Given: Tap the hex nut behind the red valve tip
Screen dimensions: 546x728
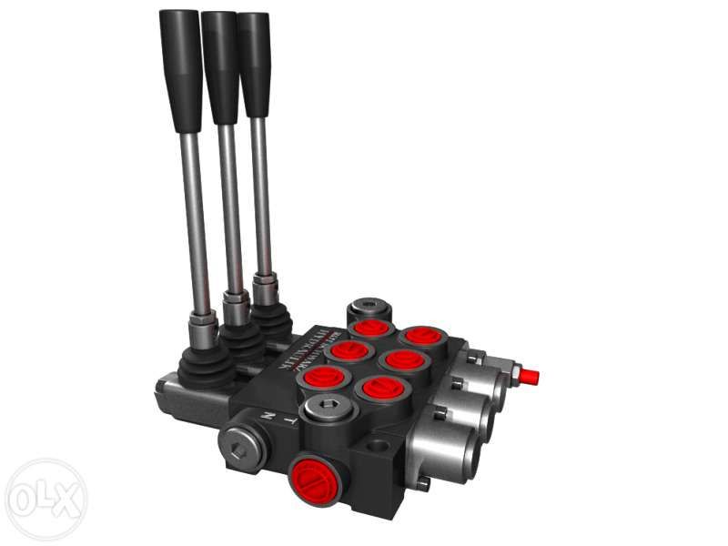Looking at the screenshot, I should [512, 372].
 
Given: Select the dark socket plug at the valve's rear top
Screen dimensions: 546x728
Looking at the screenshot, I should [368, 308].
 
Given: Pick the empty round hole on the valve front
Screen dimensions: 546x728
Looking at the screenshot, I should [377, 448].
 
